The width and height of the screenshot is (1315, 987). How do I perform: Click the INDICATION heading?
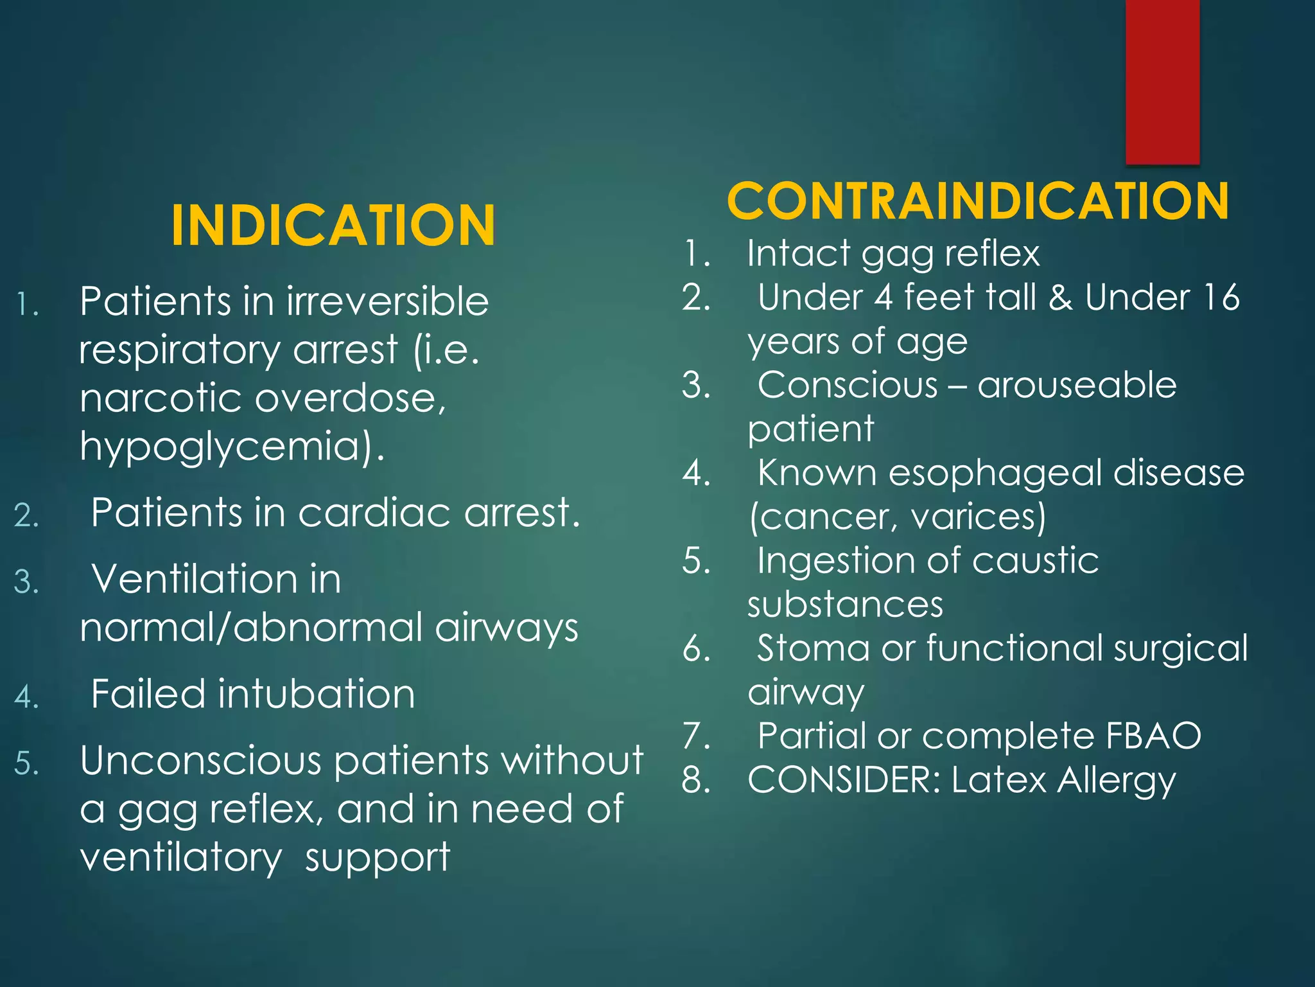tap(333, 225)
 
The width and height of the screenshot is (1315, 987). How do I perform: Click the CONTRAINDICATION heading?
tap(977, 201)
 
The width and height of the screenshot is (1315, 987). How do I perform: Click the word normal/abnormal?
tap(251, 627)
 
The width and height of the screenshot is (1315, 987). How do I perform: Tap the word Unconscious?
tap(200, 761)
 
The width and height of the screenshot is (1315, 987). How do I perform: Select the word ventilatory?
tap(180, 857)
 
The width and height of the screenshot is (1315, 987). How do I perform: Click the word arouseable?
tap(1077, 385)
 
